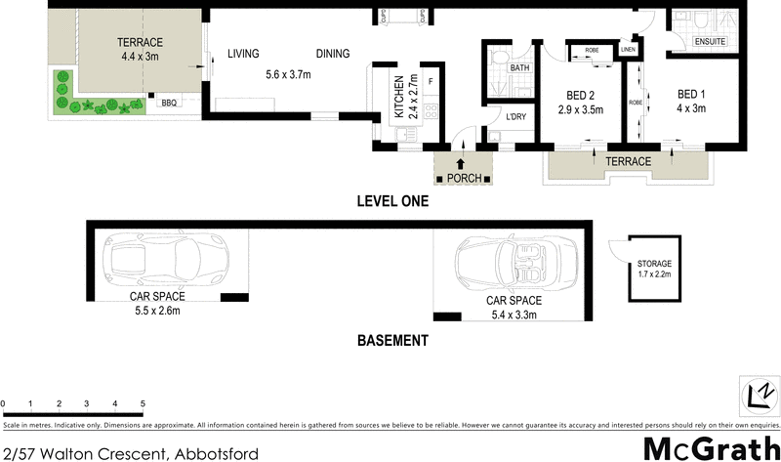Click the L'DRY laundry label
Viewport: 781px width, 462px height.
click(516, 116)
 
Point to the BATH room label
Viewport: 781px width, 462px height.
click(519, 68)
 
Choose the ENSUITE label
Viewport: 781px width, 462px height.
click(710, 42)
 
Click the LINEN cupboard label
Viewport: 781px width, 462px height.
click(628, 49)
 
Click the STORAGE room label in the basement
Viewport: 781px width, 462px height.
click(654, 265)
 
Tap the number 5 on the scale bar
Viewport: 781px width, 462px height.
click(143, 402)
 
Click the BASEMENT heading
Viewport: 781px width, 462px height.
click(391, 341)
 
